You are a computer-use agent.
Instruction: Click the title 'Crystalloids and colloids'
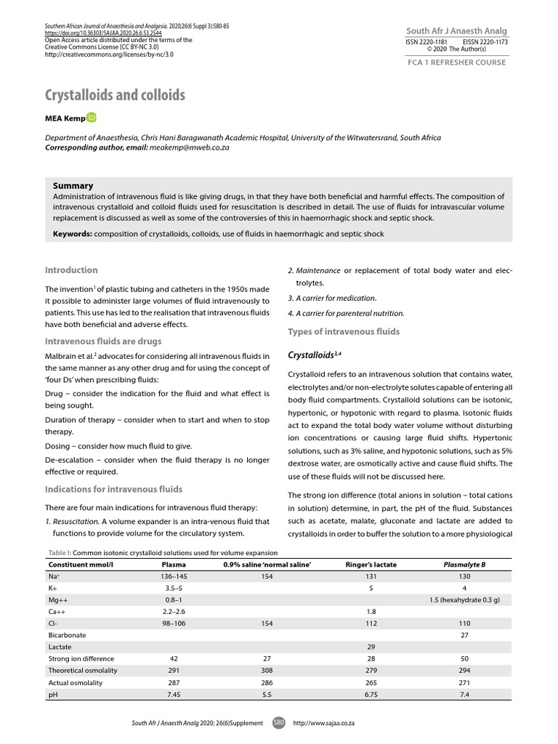[115, 95]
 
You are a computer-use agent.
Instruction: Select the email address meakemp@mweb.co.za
[190, 147]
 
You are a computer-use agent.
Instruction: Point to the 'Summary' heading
[73, 186]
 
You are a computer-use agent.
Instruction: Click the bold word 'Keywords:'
[72, 233]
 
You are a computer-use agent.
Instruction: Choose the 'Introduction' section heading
[71, 270]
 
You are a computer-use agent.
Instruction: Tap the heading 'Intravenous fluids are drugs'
[103, 341]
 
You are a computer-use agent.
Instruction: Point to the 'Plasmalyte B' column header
[464, 564]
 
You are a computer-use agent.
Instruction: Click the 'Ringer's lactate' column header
[371, 564]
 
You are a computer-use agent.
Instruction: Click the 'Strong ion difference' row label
[81, 658]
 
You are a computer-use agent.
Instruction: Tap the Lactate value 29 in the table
[371, 646]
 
